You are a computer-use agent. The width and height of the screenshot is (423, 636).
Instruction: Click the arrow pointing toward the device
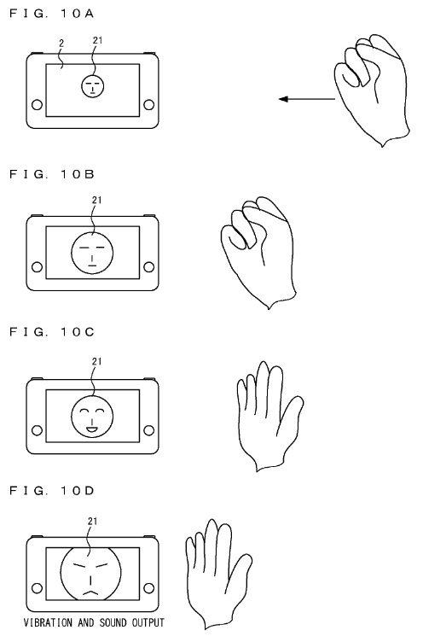[307, 99]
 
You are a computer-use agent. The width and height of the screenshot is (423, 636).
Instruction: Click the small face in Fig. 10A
[93, 86]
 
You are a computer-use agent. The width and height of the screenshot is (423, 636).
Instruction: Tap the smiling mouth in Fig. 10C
[92, 429]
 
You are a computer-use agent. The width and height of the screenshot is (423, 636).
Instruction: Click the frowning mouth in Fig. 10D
[90, 592]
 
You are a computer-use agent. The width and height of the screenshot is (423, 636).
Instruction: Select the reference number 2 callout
[61, 43]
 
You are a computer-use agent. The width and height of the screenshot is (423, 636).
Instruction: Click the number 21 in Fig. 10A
[97, 40]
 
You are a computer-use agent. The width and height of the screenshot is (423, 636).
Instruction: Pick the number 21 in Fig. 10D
[92, 522]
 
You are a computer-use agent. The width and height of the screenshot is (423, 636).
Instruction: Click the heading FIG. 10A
[51, 14]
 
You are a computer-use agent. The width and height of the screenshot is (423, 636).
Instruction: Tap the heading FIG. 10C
[51, 332]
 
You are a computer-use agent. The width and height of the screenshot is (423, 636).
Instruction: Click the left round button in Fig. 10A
[37, 105]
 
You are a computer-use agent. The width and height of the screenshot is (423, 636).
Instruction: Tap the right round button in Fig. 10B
[149, 267]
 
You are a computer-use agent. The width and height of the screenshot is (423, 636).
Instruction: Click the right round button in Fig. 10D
[149, 588]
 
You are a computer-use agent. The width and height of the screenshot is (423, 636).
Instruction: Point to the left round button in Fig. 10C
[37, 430]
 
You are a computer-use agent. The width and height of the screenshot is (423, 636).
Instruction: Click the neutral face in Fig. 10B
[92, 253]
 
